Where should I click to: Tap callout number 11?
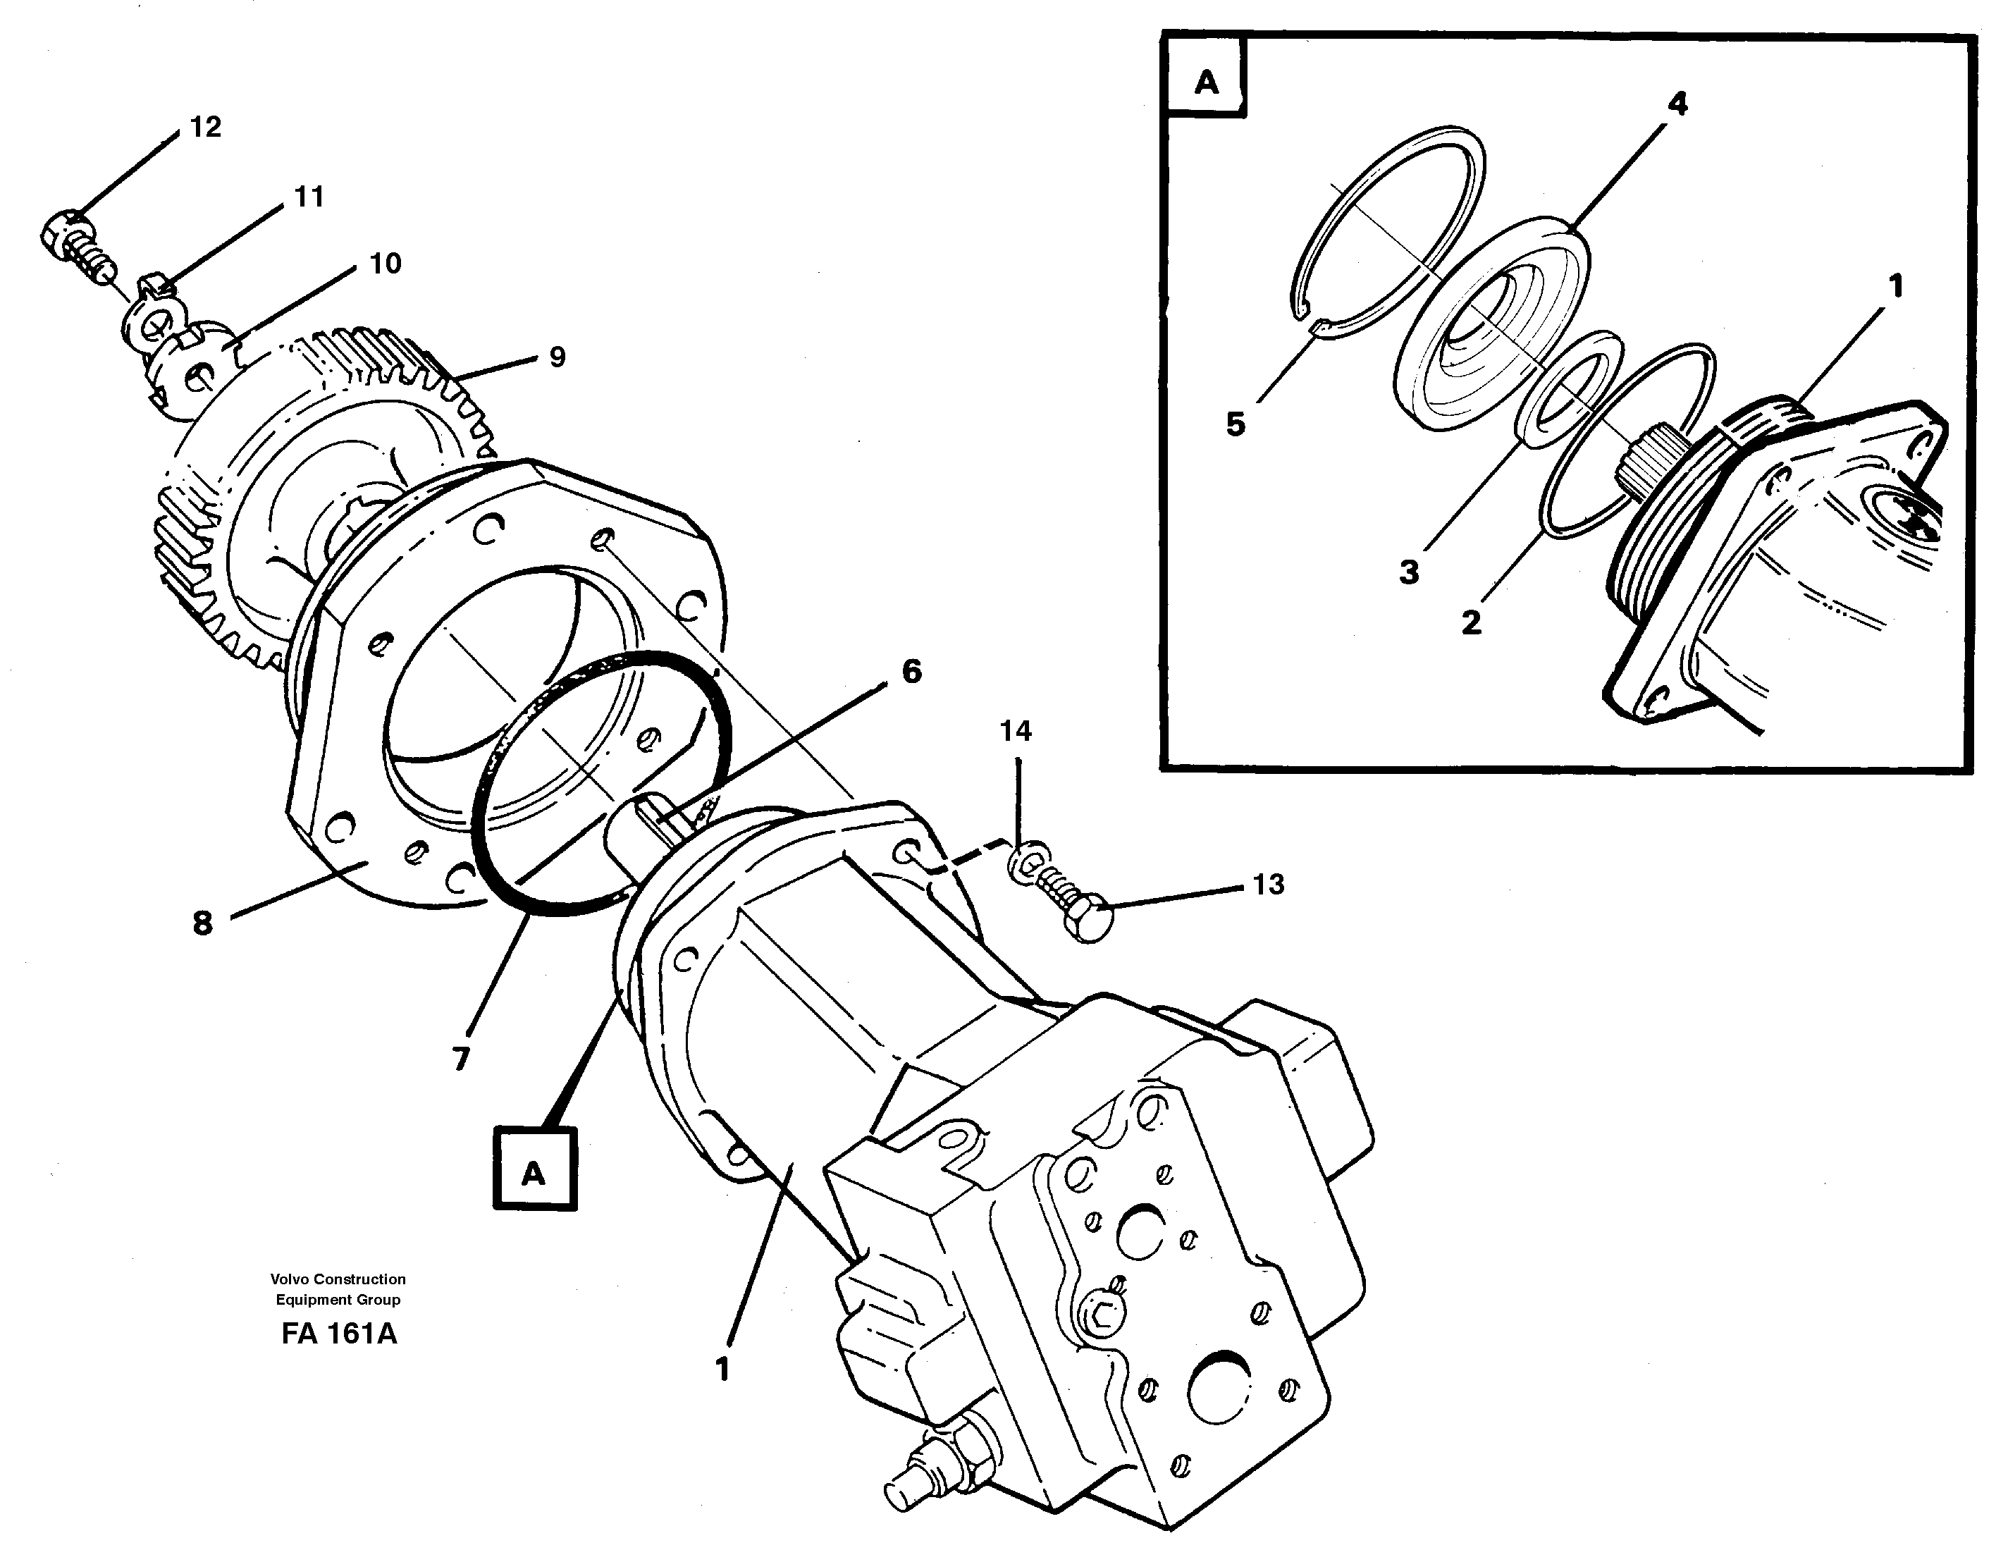click(x=308, y=197)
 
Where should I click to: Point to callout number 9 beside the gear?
click(x=557, y=357)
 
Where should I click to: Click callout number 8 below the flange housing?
click(x=203, y=923)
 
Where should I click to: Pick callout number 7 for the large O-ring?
click(x=461, y=1058)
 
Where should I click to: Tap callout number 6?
click(x=911, y=672)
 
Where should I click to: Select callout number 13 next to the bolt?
click(x=1268, y=884)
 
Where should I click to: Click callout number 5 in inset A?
click(x=1235, y=424)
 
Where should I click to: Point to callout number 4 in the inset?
click(x=1677, y=104)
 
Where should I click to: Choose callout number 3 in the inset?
click(x=1408, y=573)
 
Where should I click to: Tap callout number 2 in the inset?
click(x=1470, y=623)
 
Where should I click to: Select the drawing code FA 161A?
click(x=339, y=1334)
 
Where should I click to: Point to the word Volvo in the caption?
click(x=290, y=1279)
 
